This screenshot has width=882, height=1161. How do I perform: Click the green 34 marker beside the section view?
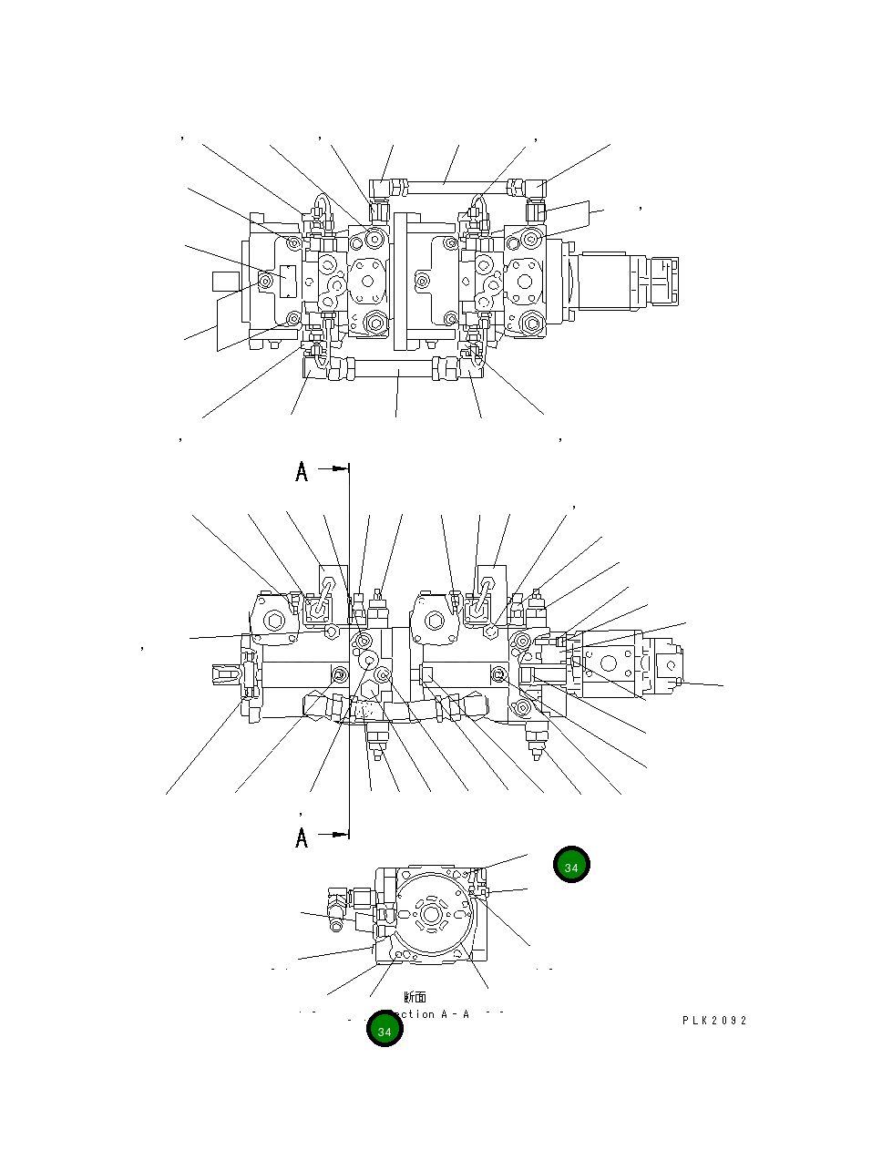(571, 866)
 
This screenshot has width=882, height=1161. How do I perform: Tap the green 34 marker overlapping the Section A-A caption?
(385, 1030)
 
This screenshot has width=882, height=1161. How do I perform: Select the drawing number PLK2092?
(714, 1021)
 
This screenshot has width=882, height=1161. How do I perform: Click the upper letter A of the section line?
(302, 472)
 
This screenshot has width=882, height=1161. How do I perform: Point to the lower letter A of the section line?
(302, 837)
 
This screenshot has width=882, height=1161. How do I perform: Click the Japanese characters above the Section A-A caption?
(415, 998)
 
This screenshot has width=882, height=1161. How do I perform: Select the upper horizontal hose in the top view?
(446, 188)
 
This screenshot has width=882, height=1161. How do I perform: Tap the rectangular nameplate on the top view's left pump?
(288, 280)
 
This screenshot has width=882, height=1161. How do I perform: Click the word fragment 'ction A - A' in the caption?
(436, 1014)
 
